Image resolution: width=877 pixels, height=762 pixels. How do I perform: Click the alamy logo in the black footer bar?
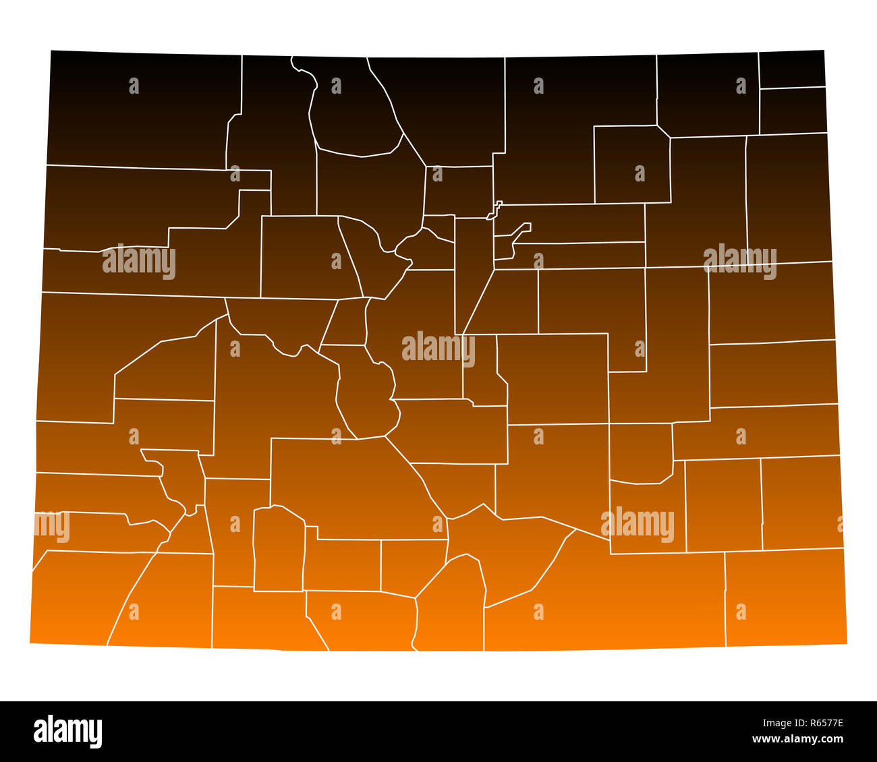[68, 731]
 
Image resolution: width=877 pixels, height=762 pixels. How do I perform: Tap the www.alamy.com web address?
[797, 739]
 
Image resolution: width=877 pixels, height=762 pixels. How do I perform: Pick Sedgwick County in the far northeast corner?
[792, 69]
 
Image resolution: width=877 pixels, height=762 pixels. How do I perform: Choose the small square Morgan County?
[632, 164]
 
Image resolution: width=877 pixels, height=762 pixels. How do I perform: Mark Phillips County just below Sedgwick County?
[793, 111]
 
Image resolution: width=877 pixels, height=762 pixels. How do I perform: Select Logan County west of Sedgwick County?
[707, 94]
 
